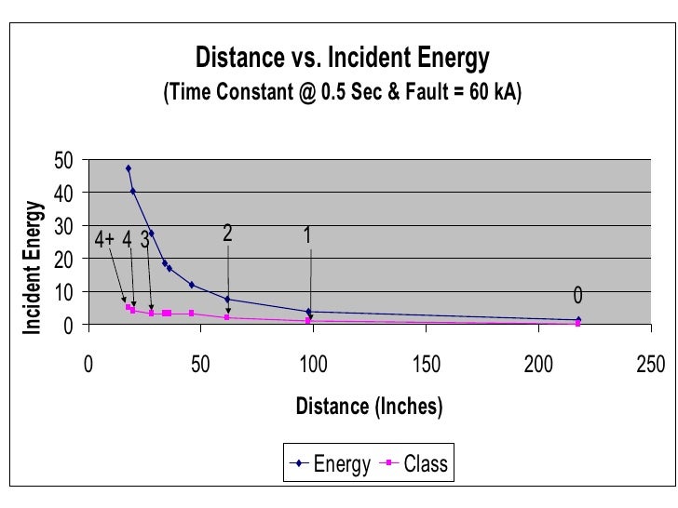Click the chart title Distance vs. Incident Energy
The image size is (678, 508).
(342, 60)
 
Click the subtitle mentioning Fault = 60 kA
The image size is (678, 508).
(342, 94)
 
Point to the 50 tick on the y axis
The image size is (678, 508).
(62, 160)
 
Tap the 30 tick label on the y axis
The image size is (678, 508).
(62, 226)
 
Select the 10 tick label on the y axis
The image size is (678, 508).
(62, 292)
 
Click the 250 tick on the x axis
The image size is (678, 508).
(650, 363)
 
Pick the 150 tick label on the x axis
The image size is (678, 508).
(426, 363)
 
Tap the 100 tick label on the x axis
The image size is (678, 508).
(313, 363)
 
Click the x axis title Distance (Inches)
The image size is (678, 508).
(369, 407)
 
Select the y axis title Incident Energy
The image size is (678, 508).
(33, 267)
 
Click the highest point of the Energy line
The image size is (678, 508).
(129, 168)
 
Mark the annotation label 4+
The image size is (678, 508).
(104, 240)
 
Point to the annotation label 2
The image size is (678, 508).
(226, 234)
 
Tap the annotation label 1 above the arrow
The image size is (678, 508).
(307, 235)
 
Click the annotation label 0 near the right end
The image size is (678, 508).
(577, 296)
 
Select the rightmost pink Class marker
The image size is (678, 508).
(577, 324)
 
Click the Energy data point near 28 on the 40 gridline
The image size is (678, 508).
(133, 191)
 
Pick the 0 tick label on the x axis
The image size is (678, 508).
(88, 363)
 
